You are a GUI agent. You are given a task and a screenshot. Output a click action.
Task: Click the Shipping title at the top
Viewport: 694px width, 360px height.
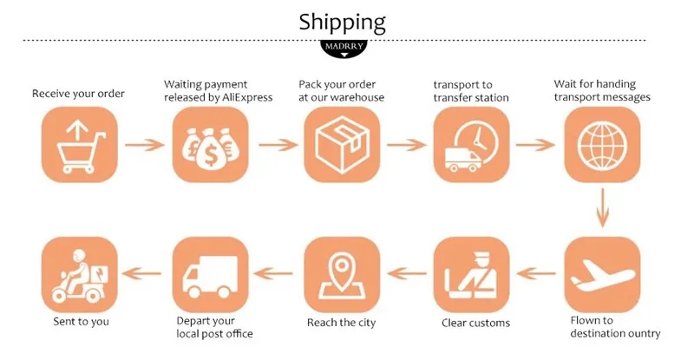pos(342,21)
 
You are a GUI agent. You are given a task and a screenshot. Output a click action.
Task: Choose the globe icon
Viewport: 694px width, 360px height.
pos(603,144)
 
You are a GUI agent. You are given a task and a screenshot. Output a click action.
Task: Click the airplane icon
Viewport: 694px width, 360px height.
pos(603,275)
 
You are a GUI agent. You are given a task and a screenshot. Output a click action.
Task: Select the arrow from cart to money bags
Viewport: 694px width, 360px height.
pos(145,144)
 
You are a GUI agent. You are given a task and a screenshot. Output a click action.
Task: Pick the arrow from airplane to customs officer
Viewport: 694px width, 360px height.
pos(538,275)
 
